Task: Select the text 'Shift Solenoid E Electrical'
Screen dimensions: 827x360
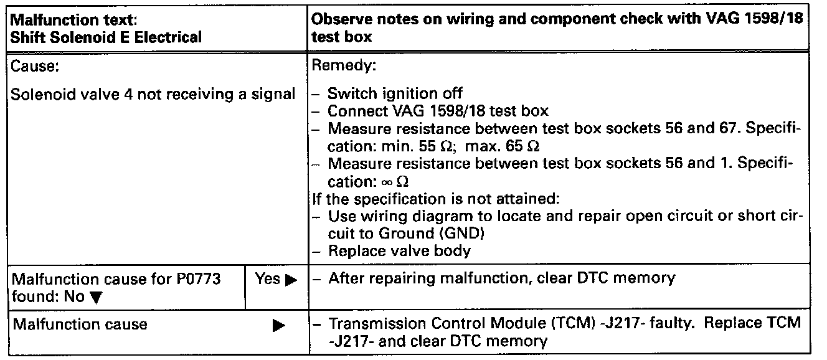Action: point(106,37)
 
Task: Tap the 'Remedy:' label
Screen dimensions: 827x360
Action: point(343,65)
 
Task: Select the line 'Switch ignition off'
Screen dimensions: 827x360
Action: point(395,94)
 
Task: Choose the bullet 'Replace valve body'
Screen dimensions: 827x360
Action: point(399,252)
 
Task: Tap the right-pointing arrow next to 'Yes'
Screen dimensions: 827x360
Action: point(290,280)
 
